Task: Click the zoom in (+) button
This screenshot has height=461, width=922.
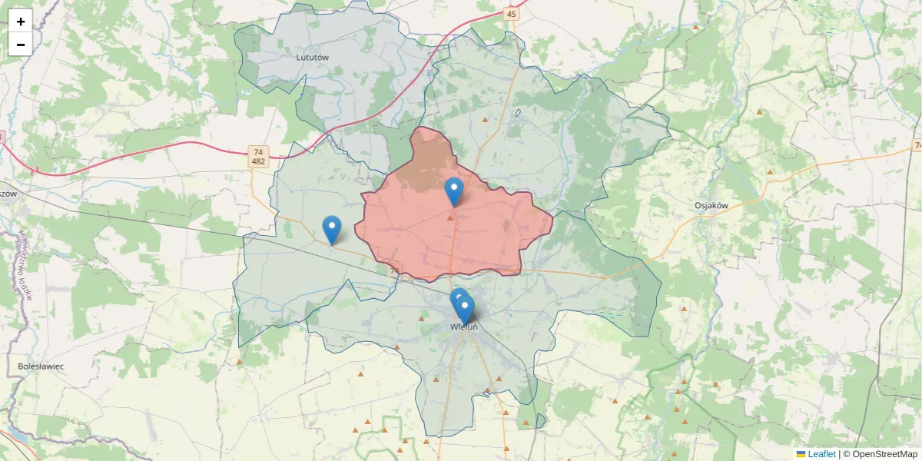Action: pyautogui.click(x=20, y=22)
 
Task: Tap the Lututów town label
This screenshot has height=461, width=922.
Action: pyautogui.click(x=312, y=57)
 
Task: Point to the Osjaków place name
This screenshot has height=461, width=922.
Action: pyautogui.click(x=711, y=205)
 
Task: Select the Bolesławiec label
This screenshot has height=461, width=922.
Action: pyautogui.click(x=41, y=366)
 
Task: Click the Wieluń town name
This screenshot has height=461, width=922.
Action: pyautogui.click(x=464, y=327)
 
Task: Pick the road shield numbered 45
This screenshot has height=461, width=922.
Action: pyautogui.click(x=512, y=14)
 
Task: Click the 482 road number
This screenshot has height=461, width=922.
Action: pyautogui.click(x=258, y=161)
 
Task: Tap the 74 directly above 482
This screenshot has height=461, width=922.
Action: pyautogui.click(x=258, y=151)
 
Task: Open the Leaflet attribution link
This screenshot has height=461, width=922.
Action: pyautogui.click(x=821, y=454)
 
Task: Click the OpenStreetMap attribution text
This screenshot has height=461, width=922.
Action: pyautogui.click(x=880, y=454)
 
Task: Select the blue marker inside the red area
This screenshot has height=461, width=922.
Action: pyautogui.click(x=454, y=191)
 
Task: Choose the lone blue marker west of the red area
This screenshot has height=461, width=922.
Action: pyautogui.click(x=331, y=229)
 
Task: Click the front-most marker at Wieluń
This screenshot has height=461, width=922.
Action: pyautogui.click(x=464, y=309)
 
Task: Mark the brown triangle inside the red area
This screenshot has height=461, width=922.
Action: pyautogui.click(x=449, y=218)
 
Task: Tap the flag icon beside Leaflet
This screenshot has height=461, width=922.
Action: pyautogui.click(x=801, y=454)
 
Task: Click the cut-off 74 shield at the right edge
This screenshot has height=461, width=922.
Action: pyautogui.click(x=917, y=145)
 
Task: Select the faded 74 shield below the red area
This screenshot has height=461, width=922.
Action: pyautogui.click(x=395, y=270)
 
